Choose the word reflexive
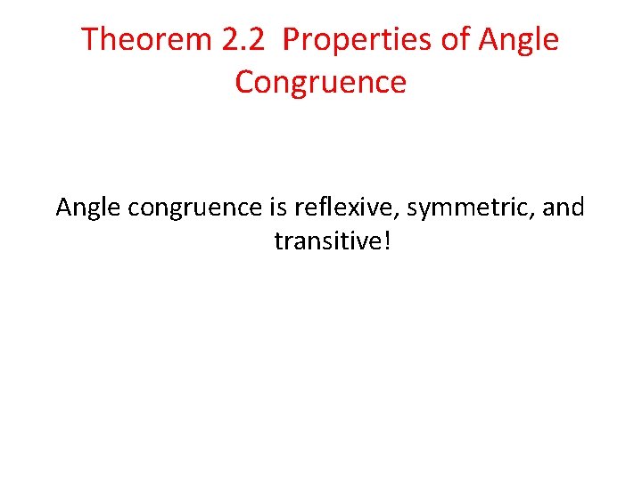click(342, 208)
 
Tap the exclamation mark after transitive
click(385, 240)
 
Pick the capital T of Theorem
click(89, 40)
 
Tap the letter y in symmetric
click(433, 212)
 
